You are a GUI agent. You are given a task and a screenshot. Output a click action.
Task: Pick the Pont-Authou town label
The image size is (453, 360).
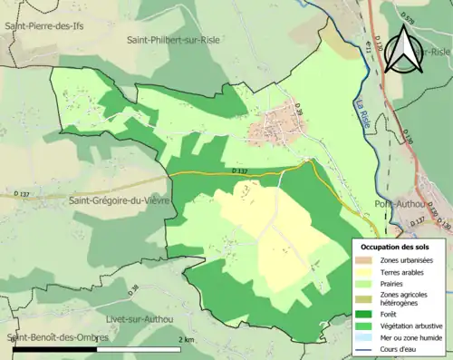coord(400,204)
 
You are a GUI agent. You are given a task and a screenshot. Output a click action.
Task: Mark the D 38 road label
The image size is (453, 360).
coord(134,290)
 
